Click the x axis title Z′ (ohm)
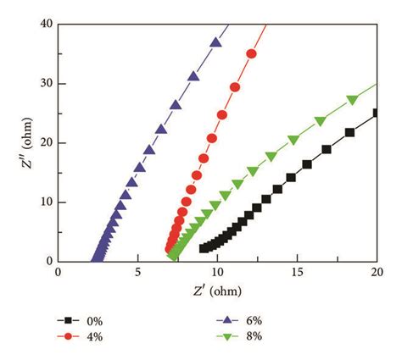[217, 291]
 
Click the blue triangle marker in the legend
[229, 321]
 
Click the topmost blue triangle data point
[216, 43]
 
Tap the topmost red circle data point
[251, 54]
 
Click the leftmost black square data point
[204, 248]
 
